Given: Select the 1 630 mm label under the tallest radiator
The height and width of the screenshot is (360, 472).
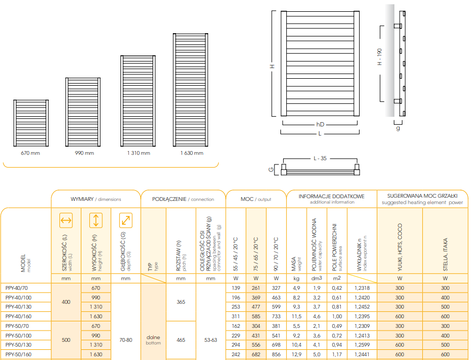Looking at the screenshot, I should (191, 153).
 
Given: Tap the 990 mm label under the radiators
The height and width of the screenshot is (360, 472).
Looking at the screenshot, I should (84, 153).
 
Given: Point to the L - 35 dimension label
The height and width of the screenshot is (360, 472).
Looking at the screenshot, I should (321, 159).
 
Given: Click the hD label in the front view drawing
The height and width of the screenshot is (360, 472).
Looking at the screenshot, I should (320, 124).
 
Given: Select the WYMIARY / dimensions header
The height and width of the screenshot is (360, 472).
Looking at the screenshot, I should (96, 199).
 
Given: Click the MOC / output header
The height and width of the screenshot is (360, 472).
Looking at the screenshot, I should (256, 199).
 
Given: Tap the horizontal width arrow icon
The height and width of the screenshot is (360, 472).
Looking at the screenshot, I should (66, 220).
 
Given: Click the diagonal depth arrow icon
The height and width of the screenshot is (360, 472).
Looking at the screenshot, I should (126, 220).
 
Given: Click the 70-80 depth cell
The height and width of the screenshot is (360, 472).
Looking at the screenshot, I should (126, 340).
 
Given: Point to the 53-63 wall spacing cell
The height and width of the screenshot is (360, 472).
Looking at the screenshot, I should (211, 340).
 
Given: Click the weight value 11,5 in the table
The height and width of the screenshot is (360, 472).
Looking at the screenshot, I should (296, 317).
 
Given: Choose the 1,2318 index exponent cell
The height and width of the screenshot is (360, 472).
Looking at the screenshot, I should (362, 288).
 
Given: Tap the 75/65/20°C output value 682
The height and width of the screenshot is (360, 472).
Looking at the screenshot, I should (256, 354).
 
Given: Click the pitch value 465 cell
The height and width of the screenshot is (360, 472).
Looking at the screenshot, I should (181, 340).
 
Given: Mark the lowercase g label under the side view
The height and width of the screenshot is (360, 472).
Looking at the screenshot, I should (398, 129).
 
